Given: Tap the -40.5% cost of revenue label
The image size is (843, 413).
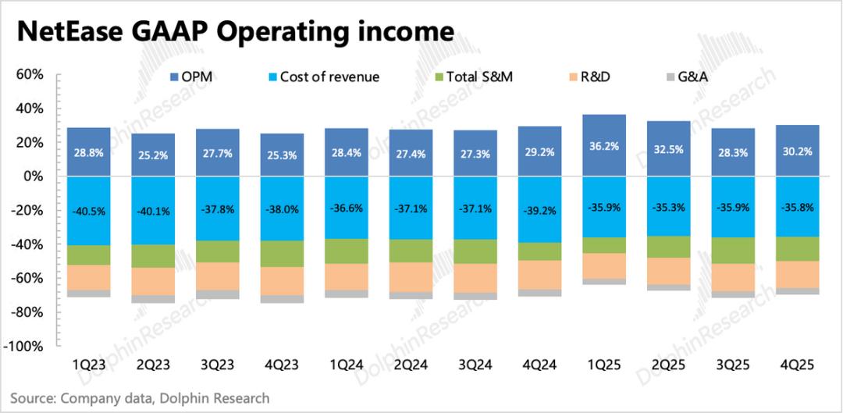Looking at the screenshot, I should [x=89, y=211].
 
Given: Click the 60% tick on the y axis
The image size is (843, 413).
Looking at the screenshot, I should [x=29, y=75].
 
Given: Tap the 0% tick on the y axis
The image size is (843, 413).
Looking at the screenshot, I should [x=33, y=176].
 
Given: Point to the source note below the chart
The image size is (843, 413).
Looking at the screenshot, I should [x=140, y=398].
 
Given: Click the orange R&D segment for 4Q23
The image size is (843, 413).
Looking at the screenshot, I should [x=282, y=281].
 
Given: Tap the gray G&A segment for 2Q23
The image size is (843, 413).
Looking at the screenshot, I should [x=153, y=299].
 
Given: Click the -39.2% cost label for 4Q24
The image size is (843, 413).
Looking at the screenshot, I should [x=539, y=211].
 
